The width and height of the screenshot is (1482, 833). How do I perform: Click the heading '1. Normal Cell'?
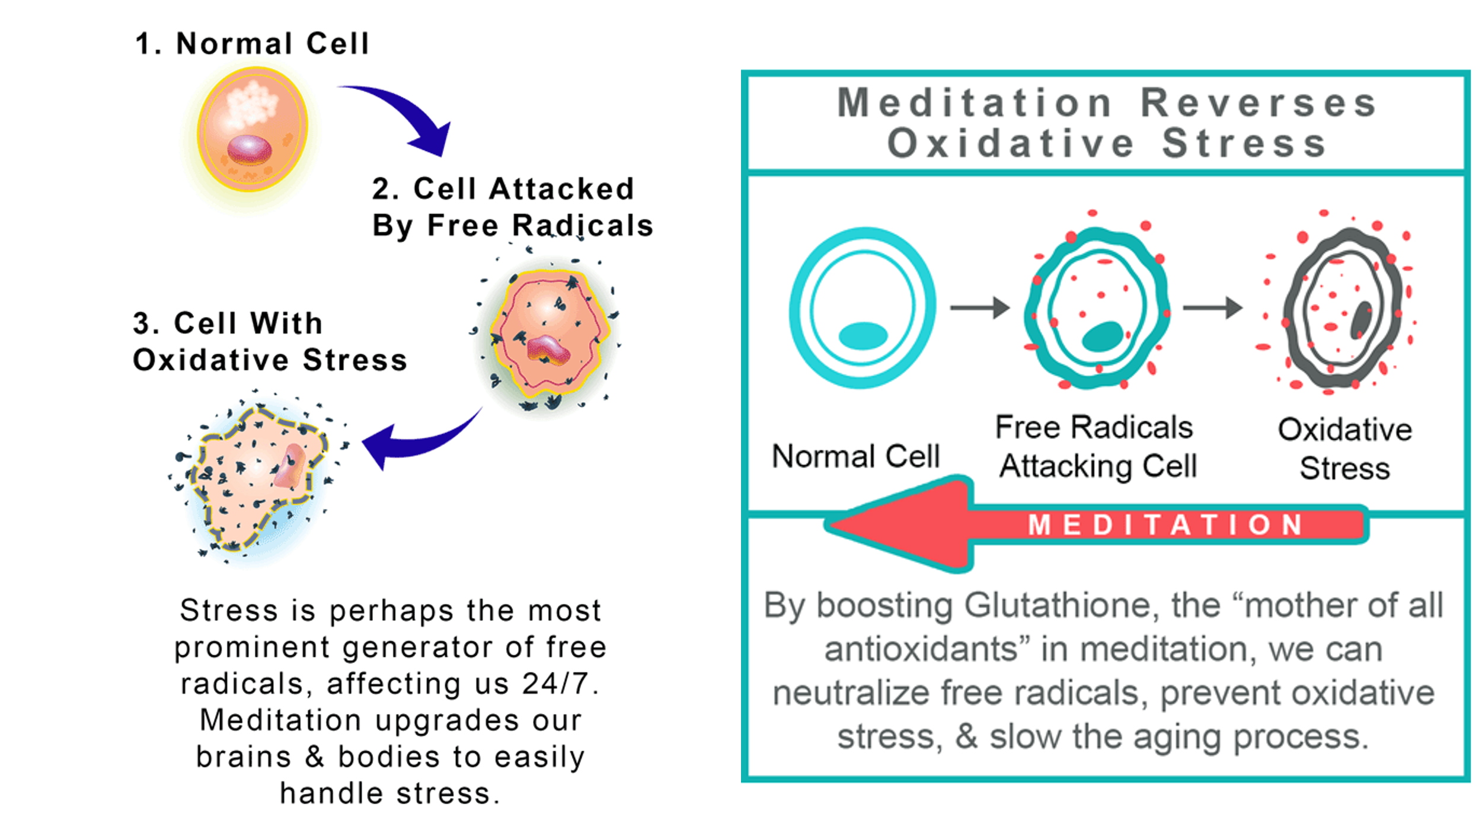click(x=252, y=44)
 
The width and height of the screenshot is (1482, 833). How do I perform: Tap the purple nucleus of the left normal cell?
click(x=250, y=149)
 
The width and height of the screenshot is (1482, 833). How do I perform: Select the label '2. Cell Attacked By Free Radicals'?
click(x=513, y=207)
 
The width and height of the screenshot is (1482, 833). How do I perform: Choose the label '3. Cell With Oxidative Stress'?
click(x=270, y=341)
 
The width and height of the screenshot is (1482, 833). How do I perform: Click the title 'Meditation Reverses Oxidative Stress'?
click(x=1106, y=123)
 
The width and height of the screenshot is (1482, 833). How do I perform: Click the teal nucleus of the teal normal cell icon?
click(x=863, y=336)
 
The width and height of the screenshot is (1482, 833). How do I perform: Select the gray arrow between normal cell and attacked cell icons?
click(x=980, y=307)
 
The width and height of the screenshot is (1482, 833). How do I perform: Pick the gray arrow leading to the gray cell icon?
click(x=1213, y=307)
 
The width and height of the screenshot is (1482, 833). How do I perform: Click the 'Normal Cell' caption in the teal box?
click(x=856, y=456)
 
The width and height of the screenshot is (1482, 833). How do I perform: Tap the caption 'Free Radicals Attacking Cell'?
click(x=1095, y=447)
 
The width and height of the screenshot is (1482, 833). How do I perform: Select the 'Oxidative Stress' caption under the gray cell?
click(x=1344, y=448)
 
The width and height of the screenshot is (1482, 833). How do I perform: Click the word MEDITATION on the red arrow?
click(x=1165, y=525)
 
